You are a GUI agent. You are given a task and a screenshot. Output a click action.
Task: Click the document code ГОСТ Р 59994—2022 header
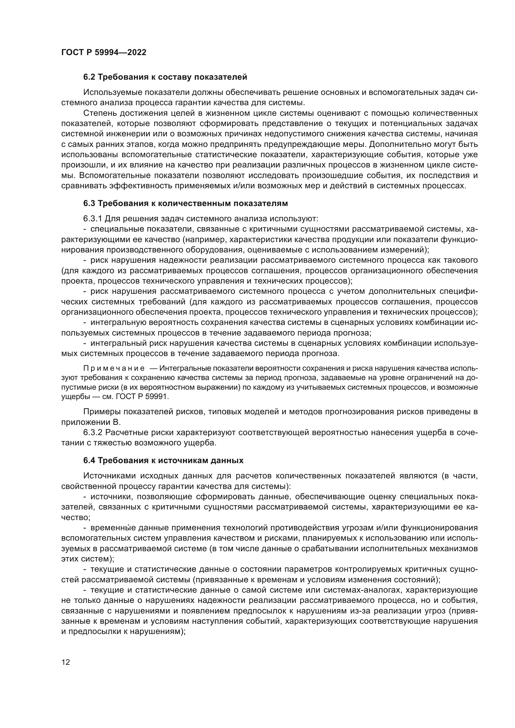click(104, 53)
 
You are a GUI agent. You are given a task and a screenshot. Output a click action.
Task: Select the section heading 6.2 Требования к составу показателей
click(165, 77)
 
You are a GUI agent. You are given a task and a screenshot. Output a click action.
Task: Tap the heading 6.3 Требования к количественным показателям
click(186, 203)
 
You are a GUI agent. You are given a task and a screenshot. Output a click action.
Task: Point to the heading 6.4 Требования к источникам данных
click(163, 460)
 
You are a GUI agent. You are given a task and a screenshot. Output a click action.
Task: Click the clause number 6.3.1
click(92, 219)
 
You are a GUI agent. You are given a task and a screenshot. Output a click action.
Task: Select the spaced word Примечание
click(114, 369)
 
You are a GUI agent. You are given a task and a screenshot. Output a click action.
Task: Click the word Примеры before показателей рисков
click(102, 412)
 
